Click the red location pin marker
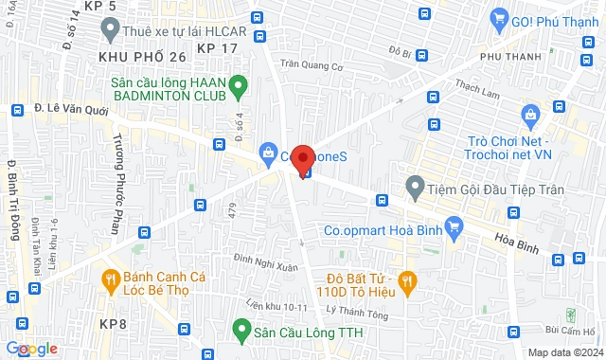(303, 158)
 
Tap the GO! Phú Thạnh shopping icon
(499, 18)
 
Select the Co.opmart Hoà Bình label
(384, 227)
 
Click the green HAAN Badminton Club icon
(240, 84)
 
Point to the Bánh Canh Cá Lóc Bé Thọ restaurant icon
(109, 279)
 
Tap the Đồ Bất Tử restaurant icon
(408, 279)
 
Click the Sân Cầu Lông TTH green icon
(242, 333)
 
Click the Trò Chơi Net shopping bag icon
(530, 118)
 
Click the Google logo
(30, 348)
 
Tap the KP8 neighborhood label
(111, 323)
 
